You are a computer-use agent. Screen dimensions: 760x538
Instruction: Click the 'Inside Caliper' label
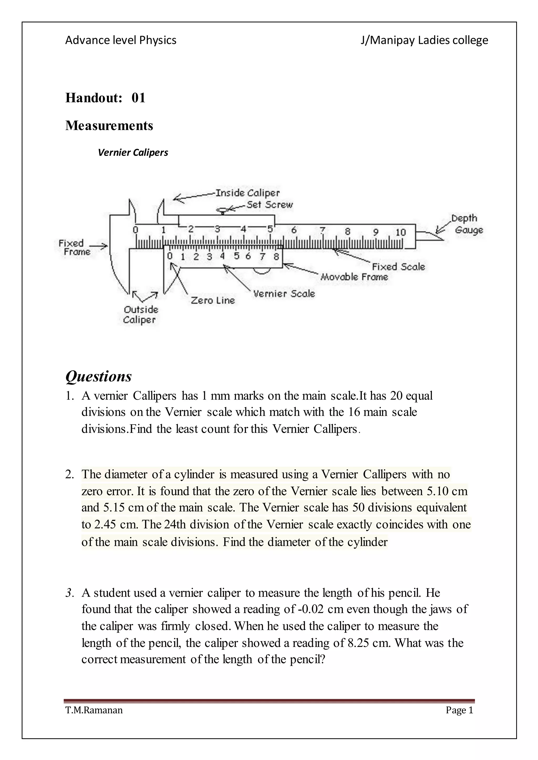click(x=247, y=193)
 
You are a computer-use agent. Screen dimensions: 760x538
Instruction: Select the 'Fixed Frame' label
click(x=74, y=247)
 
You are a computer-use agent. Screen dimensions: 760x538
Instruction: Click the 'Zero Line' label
click(x=213, y=300)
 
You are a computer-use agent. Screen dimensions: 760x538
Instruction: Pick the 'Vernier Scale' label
click(x=284, y=294)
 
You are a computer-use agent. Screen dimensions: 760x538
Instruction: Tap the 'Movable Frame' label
click(x=354, y=277)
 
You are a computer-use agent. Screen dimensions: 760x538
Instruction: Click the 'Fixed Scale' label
click(x=398, y=266)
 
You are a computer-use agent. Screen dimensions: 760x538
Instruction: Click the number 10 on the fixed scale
click(x=401, y=232)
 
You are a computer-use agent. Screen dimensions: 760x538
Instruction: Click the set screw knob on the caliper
click(x=223, y=210)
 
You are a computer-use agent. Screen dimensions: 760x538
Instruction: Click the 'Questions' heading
click(x=99, y=376)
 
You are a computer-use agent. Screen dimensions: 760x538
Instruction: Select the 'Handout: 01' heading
click(x=105, y=98)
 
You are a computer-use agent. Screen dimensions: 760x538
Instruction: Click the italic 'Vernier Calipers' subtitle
click(x=133, y=152)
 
